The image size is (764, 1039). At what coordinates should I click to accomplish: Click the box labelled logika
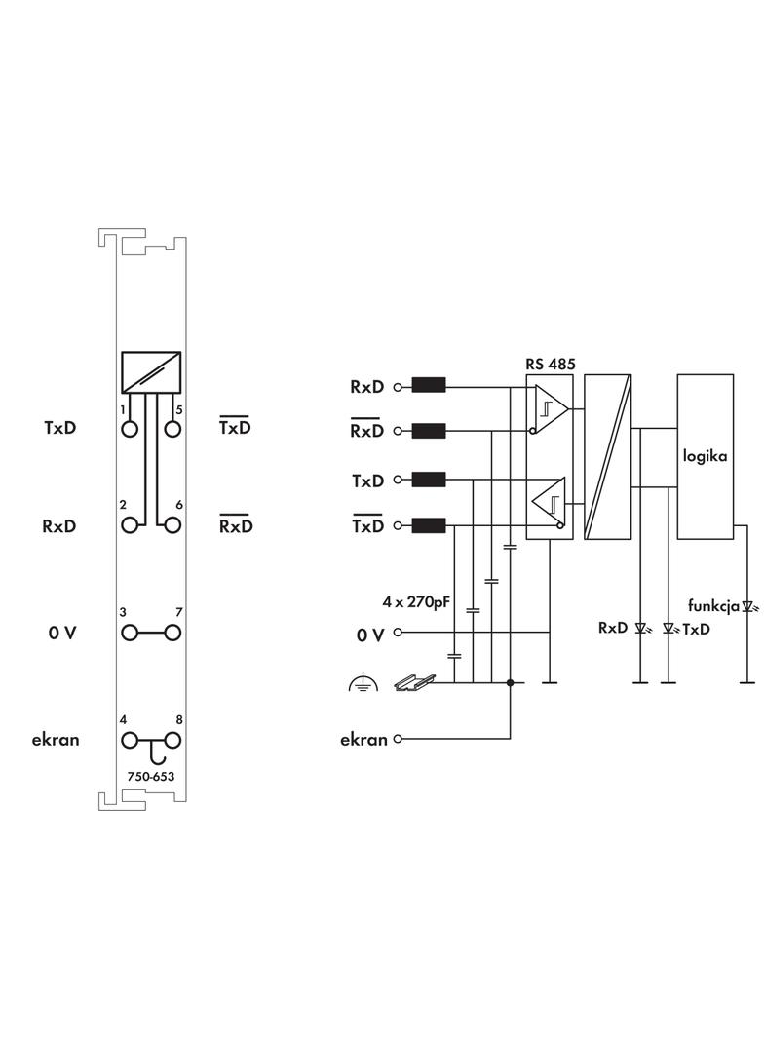[705, 456]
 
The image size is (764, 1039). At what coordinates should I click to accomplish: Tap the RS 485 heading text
[551, 365]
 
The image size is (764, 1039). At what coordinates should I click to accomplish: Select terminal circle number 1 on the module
[130, 428]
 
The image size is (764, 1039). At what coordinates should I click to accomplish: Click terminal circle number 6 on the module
[173, 525]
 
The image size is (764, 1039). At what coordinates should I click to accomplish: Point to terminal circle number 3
[130, 633]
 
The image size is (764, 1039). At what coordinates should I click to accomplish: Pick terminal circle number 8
[173, 740]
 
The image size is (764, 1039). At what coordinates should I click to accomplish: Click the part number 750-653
[151, 777]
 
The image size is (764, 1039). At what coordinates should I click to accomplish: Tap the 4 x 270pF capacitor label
[416, 602]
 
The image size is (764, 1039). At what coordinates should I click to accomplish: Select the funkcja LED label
[713, 605]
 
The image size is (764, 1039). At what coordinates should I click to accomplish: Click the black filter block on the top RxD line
[429, 386]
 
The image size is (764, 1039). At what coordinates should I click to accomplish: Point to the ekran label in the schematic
[363, 739]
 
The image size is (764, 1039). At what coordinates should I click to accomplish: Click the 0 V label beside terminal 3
[62, 634]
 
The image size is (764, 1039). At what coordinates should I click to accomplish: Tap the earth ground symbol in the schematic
[363, 684]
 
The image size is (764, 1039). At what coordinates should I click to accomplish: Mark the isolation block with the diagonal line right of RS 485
[607, 456]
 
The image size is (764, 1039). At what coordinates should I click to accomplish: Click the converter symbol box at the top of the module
[151, 371]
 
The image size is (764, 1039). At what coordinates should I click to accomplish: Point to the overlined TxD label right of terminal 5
[235, 428]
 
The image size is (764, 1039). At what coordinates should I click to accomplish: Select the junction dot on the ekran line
[511, 683]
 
